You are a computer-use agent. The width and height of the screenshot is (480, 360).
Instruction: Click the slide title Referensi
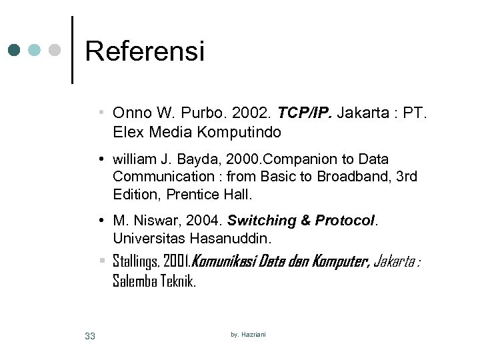point(145,51)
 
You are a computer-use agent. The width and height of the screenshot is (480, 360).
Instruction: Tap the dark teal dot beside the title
point(15,50)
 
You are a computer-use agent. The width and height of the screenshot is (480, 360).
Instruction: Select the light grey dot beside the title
point(56,50)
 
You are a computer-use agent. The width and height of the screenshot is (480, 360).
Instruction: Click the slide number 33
point(90,336)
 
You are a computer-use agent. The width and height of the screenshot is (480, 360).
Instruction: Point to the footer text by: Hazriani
point(248,334)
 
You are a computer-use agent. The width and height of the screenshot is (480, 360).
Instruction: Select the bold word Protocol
point(345,221)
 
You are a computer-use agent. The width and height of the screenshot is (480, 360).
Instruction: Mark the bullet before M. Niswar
point(99,221)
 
